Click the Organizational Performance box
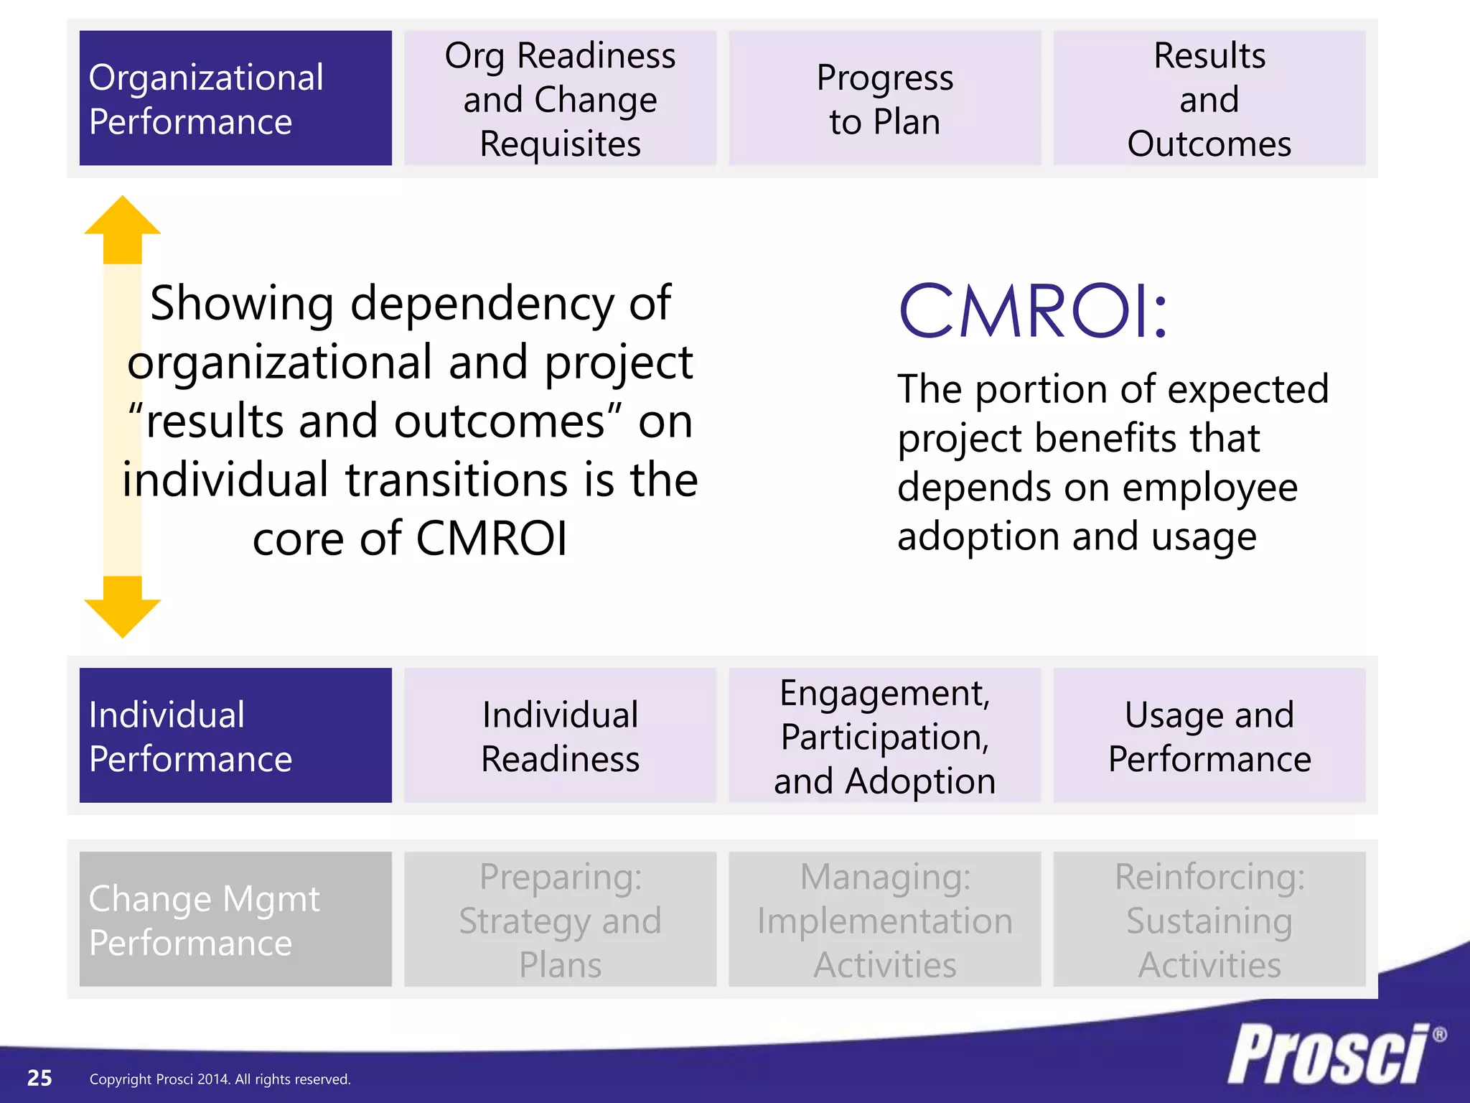point(235,98)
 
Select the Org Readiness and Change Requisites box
point(560,98)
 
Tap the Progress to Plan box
point(884,98)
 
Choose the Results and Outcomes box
point(1209,98)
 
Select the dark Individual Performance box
point(235,735)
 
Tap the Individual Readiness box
point(560,735)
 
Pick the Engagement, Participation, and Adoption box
point(884,735)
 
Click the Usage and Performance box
point(1209,735)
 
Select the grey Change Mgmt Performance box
point(235,919)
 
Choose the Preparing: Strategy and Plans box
point(560,919)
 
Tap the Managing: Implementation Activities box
point(884,919)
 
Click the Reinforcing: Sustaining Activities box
point(1209,919)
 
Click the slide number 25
point(39,1078)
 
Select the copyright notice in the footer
point(220,1079)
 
